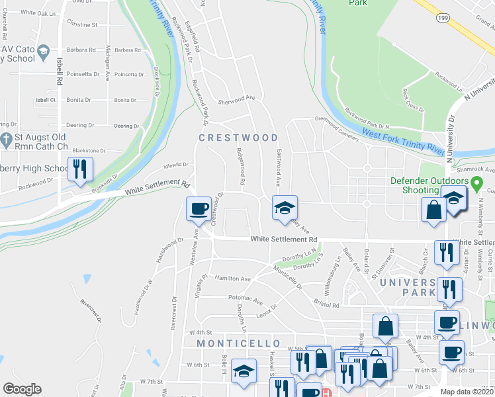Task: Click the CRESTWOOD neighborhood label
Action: coord(239,138)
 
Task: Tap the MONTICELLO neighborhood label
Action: coord(230,343)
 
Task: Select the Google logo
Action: coord(22,389)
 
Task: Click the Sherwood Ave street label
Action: coord(236,97)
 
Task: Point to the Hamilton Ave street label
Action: coord(232,279)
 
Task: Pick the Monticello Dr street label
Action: coord(287,277)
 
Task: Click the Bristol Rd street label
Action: coord(326,306)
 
